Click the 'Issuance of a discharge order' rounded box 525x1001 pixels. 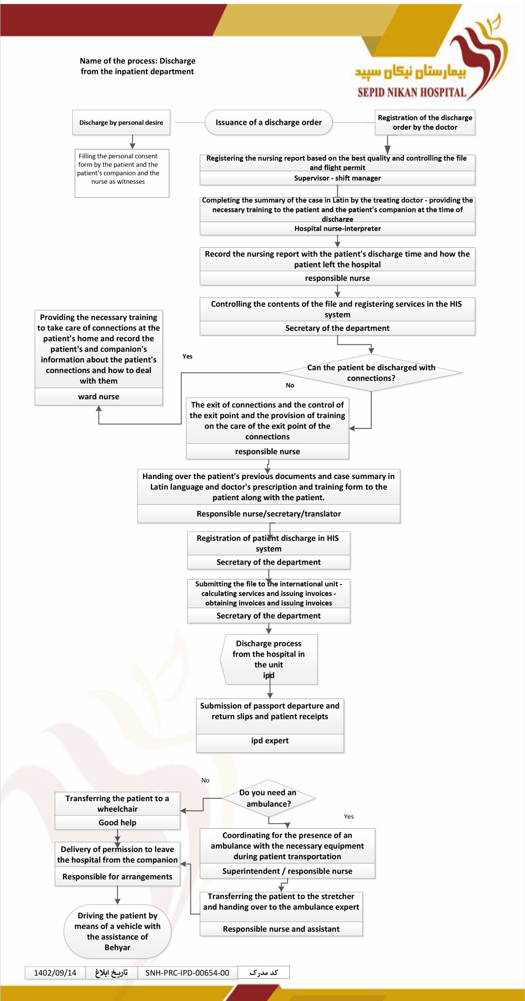point(268,122)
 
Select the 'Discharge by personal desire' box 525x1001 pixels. point(121,122)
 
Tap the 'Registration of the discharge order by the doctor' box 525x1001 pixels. point(425,122)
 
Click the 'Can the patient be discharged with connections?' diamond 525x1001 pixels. point(371,373)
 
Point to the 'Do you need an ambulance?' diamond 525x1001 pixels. point(268,798)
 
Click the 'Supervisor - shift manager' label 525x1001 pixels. point(337,178)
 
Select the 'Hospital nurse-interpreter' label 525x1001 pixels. point(337,228)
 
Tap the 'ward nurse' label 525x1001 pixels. point(99,396)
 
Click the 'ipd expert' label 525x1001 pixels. point(270,741)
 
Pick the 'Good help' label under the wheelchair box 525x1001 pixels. point(118,823)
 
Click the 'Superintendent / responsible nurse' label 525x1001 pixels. point(287,871)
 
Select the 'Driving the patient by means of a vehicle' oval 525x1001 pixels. point(118,931)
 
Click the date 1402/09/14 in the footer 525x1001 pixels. point(55,973)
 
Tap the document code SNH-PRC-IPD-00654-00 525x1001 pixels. point(187,973)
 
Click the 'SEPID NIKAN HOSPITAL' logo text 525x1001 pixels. point(412,92)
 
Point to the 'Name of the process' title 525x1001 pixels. point(137,66)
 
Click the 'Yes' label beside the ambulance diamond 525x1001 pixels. point(349,816)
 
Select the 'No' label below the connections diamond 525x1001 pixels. point(290,385)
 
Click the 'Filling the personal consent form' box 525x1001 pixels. point(122,173)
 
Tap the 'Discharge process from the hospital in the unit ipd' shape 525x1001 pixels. point(269,659)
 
